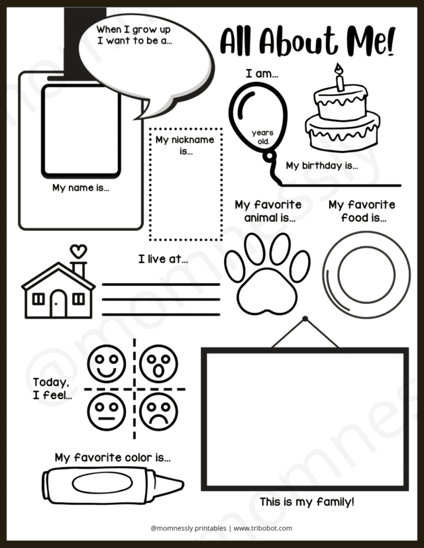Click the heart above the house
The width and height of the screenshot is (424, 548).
click(x=78, y=251)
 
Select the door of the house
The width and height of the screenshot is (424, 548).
click(x=58, y=304)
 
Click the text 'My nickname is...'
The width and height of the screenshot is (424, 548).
click(x=185, y=146)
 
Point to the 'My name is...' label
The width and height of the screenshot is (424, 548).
click(x=81, y=187)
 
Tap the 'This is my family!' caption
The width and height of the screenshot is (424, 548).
click(x=307, y=502)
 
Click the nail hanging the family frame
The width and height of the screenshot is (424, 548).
click(x=305, y=320)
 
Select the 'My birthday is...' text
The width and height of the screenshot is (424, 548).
click(x=322, y=165)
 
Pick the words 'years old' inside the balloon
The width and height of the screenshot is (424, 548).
click(x=262, y=137)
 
